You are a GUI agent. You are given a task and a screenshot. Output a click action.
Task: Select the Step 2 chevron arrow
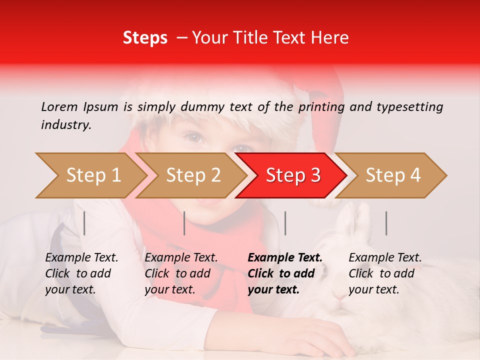click(x=192, y=175)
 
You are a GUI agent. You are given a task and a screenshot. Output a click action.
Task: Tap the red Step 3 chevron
click(x=292, y=175)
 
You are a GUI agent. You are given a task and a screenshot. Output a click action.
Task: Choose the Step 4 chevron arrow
click(x=392, y=175)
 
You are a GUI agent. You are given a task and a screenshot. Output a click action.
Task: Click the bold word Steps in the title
click(x=145, y=38)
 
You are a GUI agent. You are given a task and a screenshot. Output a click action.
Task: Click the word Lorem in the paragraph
click(x=59, y=106)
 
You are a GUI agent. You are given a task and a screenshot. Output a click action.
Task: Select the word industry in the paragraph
click(x=65, y=125)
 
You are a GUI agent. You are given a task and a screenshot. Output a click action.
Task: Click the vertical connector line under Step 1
click(x=84, y=223)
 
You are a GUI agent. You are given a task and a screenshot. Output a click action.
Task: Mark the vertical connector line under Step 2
click(x=184, y=223)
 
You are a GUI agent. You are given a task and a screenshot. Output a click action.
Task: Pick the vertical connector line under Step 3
click(x=285, y=223)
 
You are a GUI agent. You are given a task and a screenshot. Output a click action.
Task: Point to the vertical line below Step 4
click(x=386, y=223)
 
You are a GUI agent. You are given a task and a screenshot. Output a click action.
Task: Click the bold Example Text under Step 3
click(x=285, y=258)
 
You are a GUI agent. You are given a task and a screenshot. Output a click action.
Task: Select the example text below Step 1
click(x=81, y=273)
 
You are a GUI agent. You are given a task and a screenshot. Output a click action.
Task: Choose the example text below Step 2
click(x=181, y=273)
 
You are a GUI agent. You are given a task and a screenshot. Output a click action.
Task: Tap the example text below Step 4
click(x=385, y=273)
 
